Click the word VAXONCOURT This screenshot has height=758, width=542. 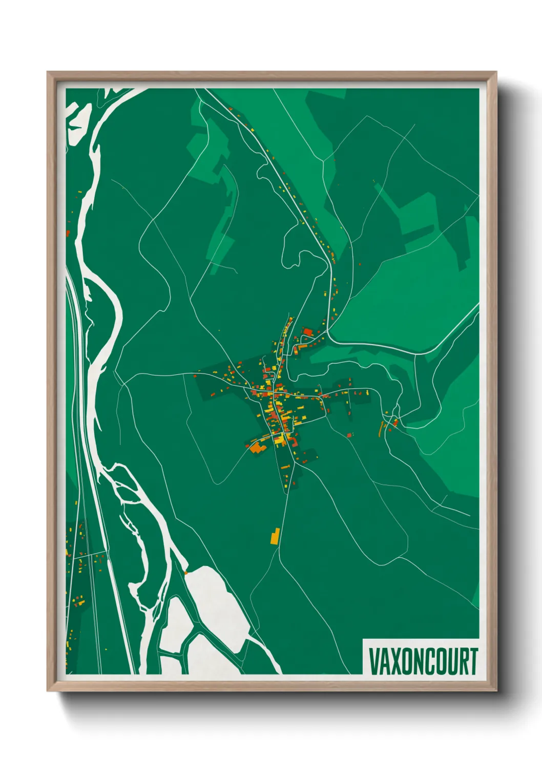[423, 661]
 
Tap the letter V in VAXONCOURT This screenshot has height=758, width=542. [374, 661]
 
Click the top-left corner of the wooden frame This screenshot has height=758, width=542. [48, 72]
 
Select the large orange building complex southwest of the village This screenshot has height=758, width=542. [256, 447]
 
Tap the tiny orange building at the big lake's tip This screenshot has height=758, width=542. [186, 572]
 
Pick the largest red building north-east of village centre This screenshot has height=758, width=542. [308, 332]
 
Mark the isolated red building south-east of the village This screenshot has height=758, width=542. [350, 435]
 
